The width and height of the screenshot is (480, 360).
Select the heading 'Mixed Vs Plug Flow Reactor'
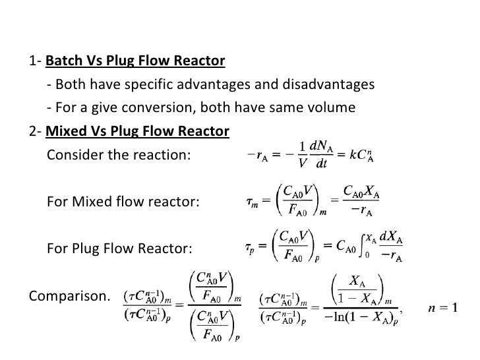tap(137, 131)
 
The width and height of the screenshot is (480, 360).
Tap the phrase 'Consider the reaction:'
tap(119, 156)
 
